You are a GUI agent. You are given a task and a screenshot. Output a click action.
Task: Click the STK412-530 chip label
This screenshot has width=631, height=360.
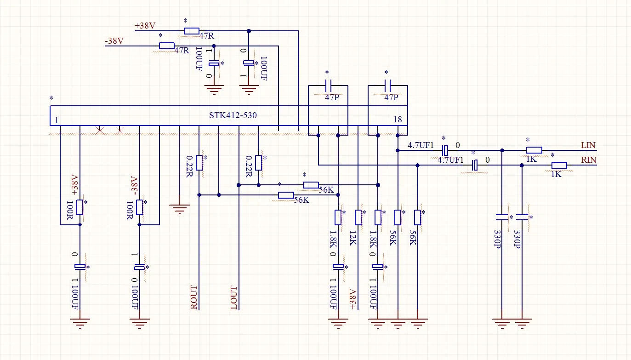click(233, 115)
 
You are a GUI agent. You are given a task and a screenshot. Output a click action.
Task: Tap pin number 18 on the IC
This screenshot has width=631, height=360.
click(398, 120)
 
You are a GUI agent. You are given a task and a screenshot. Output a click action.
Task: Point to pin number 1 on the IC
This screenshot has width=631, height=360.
click(57, 120)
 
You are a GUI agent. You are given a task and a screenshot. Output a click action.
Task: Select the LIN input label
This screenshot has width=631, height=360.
click(588, 145)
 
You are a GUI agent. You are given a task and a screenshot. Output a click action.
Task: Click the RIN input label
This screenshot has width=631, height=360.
click(589, 160)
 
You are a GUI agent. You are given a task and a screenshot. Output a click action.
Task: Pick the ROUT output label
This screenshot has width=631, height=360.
click(194, 297)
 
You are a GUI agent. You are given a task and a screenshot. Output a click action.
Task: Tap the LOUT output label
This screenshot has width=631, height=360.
click(234, 297)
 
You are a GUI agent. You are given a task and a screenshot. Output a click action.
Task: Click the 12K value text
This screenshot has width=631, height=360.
click(353, 238)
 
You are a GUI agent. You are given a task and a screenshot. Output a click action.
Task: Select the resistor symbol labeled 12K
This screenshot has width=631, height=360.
click(358, 217)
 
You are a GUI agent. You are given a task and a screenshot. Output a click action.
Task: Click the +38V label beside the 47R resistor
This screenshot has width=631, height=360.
click(145, 26)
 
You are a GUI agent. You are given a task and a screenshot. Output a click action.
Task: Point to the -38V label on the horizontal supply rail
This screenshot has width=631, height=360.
click(114, 41)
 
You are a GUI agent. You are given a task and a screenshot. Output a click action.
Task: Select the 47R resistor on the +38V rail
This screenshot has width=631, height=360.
click(192, 31)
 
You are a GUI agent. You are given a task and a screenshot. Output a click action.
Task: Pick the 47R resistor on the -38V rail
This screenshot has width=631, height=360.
click(167, 46)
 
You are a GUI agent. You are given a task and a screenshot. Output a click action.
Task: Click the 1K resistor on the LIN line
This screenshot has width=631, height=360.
click(534, 150)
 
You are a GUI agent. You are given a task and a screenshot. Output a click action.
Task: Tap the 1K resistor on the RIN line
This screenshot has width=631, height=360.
click(559, 165)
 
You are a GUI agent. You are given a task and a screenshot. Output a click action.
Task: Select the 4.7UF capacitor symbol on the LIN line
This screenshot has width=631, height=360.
click(445, 150)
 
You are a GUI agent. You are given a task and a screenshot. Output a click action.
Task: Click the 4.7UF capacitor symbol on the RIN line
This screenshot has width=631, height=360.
click(475, 165)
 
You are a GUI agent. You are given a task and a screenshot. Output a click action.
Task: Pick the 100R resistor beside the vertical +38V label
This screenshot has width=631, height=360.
click(80, 207)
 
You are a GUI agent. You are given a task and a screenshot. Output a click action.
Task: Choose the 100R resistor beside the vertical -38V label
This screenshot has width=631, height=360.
click(139, 207)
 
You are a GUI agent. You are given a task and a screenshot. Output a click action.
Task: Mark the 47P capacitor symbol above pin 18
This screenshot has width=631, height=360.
click(387, 86)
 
